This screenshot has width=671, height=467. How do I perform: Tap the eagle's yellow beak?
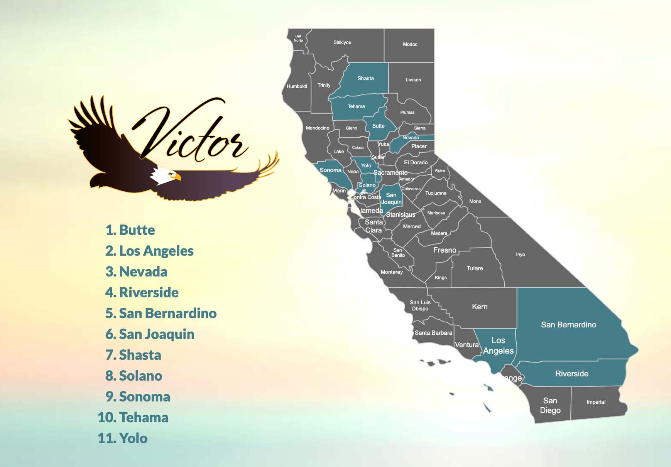(177, 177)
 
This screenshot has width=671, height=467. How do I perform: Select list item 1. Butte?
(130, 230)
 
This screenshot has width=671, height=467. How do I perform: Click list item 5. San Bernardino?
(161, 314)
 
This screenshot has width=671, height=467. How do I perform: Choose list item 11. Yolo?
(123, 438)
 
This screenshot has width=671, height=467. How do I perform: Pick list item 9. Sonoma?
(138, 397)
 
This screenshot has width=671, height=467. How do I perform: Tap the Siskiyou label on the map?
(342, 42)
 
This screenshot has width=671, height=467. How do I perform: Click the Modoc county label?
(410, 44)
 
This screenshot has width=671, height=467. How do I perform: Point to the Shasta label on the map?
(365, 79)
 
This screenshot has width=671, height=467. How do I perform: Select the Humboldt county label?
(297, 86)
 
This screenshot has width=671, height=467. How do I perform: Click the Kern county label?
(480, 307)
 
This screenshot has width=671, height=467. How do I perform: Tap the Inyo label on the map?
(520, 255)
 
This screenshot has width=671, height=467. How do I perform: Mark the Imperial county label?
(596, 402)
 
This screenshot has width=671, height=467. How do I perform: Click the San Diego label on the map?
(550, 405)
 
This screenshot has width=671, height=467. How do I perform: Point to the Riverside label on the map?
(571, 374)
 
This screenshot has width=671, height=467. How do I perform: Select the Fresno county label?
(445, 250)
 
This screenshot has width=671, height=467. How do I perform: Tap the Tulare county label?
(475, 268)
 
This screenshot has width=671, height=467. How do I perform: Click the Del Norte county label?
(298, 38)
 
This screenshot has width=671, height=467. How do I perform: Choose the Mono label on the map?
(475, 201)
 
